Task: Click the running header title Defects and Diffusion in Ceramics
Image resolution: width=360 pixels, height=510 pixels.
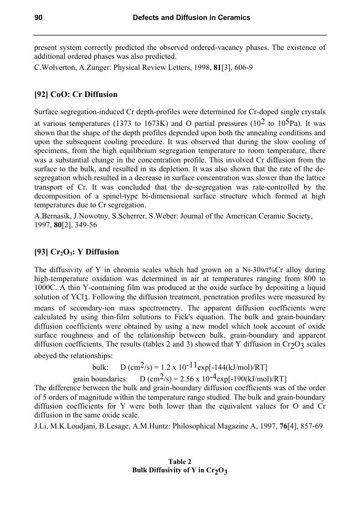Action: (x=192, y=18)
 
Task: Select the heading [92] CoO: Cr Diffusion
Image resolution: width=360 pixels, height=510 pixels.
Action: (x=76, y=94)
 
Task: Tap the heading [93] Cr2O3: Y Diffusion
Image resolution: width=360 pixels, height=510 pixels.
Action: (x=76, y=252)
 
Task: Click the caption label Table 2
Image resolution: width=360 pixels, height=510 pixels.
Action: (x=180, y=461)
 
